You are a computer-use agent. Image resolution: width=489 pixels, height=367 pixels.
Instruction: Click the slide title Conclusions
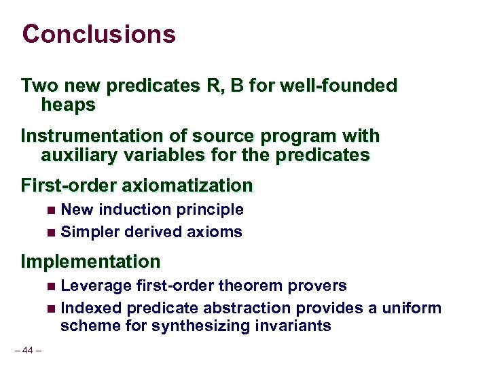pos(98,34)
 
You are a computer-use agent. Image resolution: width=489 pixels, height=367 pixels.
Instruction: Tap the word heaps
pos(68,105)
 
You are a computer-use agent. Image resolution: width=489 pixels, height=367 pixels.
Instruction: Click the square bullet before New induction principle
pos(52,211)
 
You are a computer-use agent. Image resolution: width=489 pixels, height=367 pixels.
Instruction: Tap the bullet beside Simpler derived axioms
pos(52,233)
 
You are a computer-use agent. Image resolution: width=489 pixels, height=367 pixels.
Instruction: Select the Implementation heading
pos(90,262)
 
